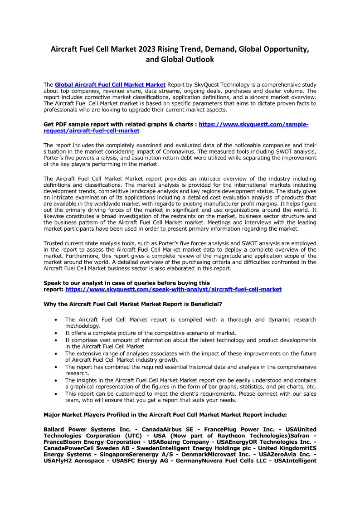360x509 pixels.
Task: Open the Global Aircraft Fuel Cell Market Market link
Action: pyautogui.click(x=110, y=85)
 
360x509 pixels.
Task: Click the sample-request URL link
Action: pyautogui.click(x=253, y=124)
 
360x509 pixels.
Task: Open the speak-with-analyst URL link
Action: pyautogui.click(x=173, y=289)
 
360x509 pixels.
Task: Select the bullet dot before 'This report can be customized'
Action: pyautogui.click(x=55, y=394)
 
